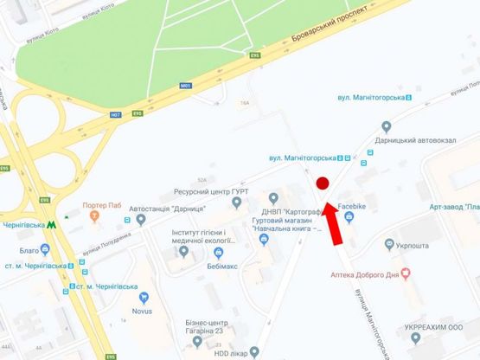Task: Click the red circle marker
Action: tap(322, 183)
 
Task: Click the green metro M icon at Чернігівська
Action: tap(54, 223)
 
